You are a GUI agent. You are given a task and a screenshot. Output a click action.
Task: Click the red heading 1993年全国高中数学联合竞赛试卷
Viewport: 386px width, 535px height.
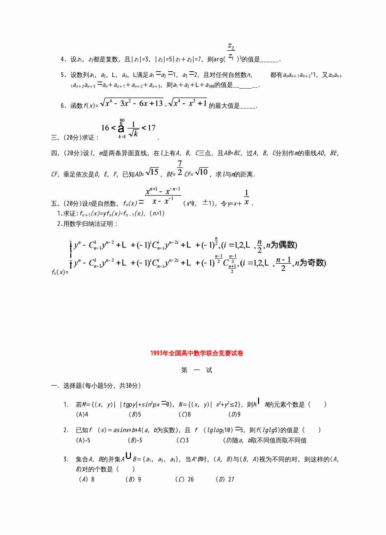click(x=197, y=353)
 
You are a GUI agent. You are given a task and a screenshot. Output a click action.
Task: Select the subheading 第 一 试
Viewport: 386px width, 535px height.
click(x=197, y=370)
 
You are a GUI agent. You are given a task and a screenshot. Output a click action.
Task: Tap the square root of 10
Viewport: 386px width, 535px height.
click(x=202, y=172)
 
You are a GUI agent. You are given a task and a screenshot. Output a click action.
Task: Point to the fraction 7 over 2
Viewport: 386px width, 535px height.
click(x=180, y=168)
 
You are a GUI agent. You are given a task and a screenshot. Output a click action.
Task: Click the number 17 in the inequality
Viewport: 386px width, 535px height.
click(x=152, y=128)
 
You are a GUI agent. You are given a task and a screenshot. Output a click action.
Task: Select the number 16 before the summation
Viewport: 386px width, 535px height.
click(x=105, y=128)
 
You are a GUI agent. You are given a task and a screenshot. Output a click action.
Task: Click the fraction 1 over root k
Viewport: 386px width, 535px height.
click(x=134, y=129)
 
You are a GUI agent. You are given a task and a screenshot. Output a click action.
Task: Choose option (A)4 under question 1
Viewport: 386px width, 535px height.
click(x=82, y=414)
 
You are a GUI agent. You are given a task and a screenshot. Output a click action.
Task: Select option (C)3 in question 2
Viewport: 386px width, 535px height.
click(x=183, y=440)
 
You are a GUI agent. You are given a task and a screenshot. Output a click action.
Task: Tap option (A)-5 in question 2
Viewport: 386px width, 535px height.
click(x=83, y=440)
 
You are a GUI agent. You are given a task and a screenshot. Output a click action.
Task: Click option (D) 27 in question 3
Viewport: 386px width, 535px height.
click(x=225, y=479)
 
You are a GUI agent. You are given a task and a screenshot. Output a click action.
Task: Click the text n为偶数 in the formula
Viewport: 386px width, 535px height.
click(x=282, y=245)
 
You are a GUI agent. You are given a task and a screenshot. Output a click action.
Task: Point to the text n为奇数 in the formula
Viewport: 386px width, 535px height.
click(x=310, y=263)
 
